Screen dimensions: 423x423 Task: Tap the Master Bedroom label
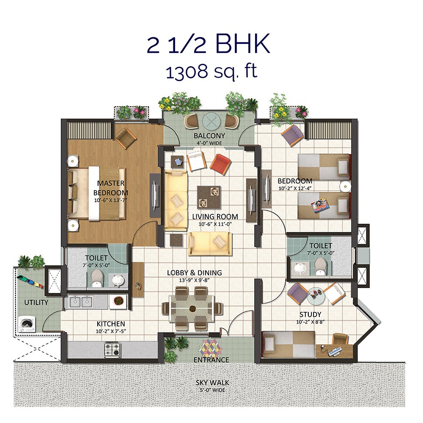click(111, 187)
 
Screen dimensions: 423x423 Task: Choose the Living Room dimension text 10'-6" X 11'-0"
click(215, 225)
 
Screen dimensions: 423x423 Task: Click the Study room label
click(310, 314)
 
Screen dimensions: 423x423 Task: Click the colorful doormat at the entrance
click(211, 348)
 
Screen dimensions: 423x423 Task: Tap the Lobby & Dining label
click(194, 273)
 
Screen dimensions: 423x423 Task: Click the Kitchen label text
click(111, 324)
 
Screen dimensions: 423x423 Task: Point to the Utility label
click(36, 302)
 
